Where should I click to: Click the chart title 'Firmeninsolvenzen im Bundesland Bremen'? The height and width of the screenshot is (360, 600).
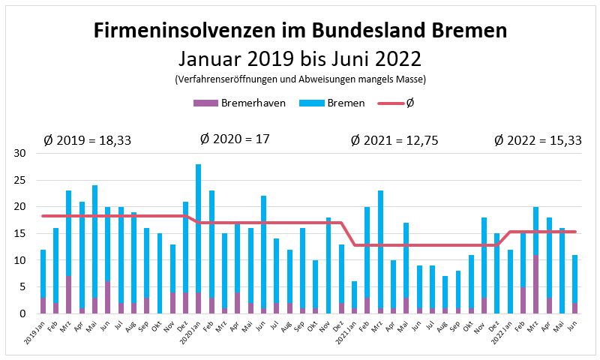pyautogui.click(x=300, y=31)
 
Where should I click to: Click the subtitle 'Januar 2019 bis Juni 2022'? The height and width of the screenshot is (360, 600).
pyautogui.click(x=300, y=58)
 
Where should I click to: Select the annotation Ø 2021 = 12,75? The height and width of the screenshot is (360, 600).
pyautogui.click(x=395, y=140)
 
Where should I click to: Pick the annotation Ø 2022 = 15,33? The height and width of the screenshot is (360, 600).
pyautogui.click(x=538, y=140)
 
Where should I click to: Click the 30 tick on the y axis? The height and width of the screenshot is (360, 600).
pyautogui.click(x=20, y=154)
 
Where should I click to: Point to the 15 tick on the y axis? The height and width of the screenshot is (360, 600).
pyautogui.click(x=20, y=233)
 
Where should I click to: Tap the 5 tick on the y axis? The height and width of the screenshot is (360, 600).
pyautogui.click(x=23, y=286)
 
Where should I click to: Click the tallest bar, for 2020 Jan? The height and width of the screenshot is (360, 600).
pyautogui.click(x=199, y=229)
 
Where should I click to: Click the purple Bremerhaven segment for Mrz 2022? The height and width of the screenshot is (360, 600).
pyautogui.click(x=535, y=284)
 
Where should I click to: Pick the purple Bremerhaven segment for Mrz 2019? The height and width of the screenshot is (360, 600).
pyautogui.click(x=69, y=295)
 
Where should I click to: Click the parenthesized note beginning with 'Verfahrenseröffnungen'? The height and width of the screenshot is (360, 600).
pyautogui.click(x=300, y=79)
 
